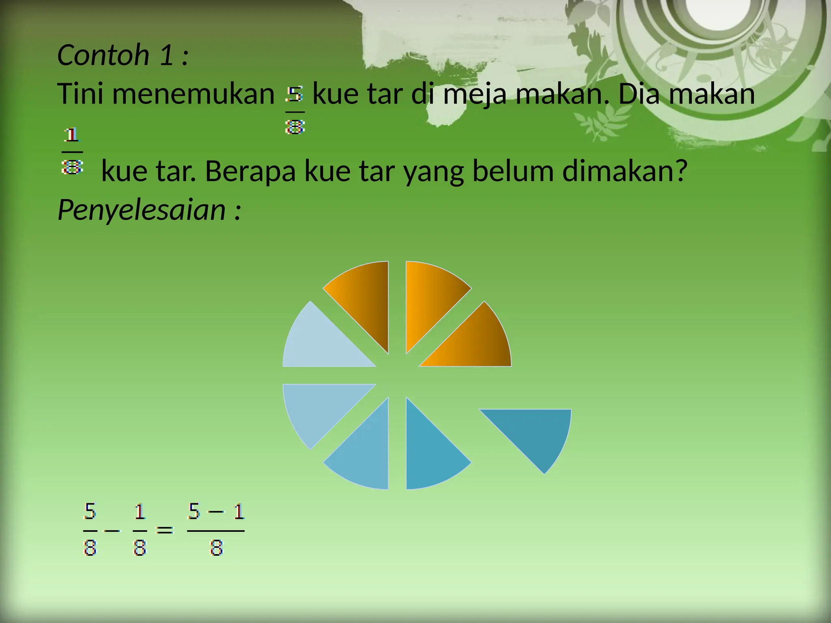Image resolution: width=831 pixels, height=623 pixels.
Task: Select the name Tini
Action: (80, 94)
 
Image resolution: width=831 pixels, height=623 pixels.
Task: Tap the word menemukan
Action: (193, 94)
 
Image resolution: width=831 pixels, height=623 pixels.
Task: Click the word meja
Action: (474, 94)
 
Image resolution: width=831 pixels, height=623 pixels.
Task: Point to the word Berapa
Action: (250, 171)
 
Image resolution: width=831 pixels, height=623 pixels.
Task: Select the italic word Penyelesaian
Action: (142, 210)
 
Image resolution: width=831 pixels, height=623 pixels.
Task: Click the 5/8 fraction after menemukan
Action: (295, 110)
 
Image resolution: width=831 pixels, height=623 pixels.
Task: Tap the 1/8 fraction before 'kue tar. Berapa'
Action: (72, 151)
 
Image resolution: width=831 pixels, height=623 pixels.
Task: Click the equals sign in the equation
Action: (164, 530)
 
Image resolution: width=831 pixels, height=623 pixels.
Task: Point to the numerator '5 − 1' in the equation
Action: (216, 511)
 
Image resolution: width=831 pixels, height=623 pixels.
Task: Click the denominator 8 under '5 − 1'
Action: (216, 548)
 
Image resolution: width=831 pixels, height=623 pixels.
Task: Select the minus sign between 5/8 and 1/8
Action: (112, 530)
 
